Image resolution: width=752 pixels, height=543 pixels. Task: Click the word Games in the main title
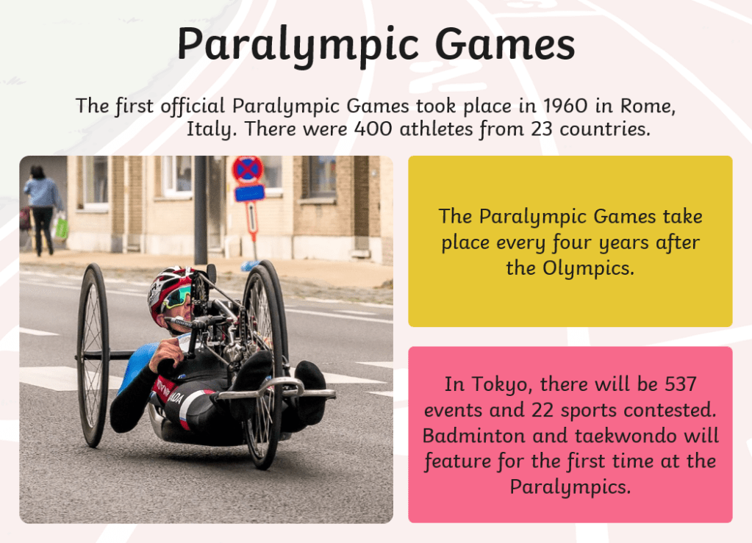point(505,44)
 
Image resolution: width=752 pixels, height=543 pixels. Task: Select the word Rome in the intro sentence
point(648,106)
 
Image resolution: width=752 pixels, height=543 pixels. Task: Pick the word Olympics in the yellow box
point(588,268)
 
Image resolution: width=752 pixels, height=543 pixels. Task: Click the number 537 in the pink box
point(681,384)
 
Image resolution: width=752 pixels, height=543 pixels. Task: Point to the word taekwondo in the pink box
point(626,436)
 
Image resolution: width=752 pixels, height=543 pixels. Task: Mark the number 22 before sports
point(542,410)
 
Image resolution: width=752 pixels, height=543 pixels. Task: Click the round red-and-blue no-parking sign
point(248,170)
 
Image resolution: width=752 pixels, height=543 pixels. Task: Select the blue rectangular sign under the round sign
point(249,193)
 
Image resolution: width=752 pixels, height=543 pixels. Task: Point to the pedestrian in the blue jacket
point(43,209)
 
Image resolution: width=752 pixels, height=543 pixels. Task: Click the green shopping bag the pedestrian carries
point(62,227)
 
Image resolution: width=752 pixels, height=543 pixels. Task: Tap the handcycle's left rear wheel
point(93,355)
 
